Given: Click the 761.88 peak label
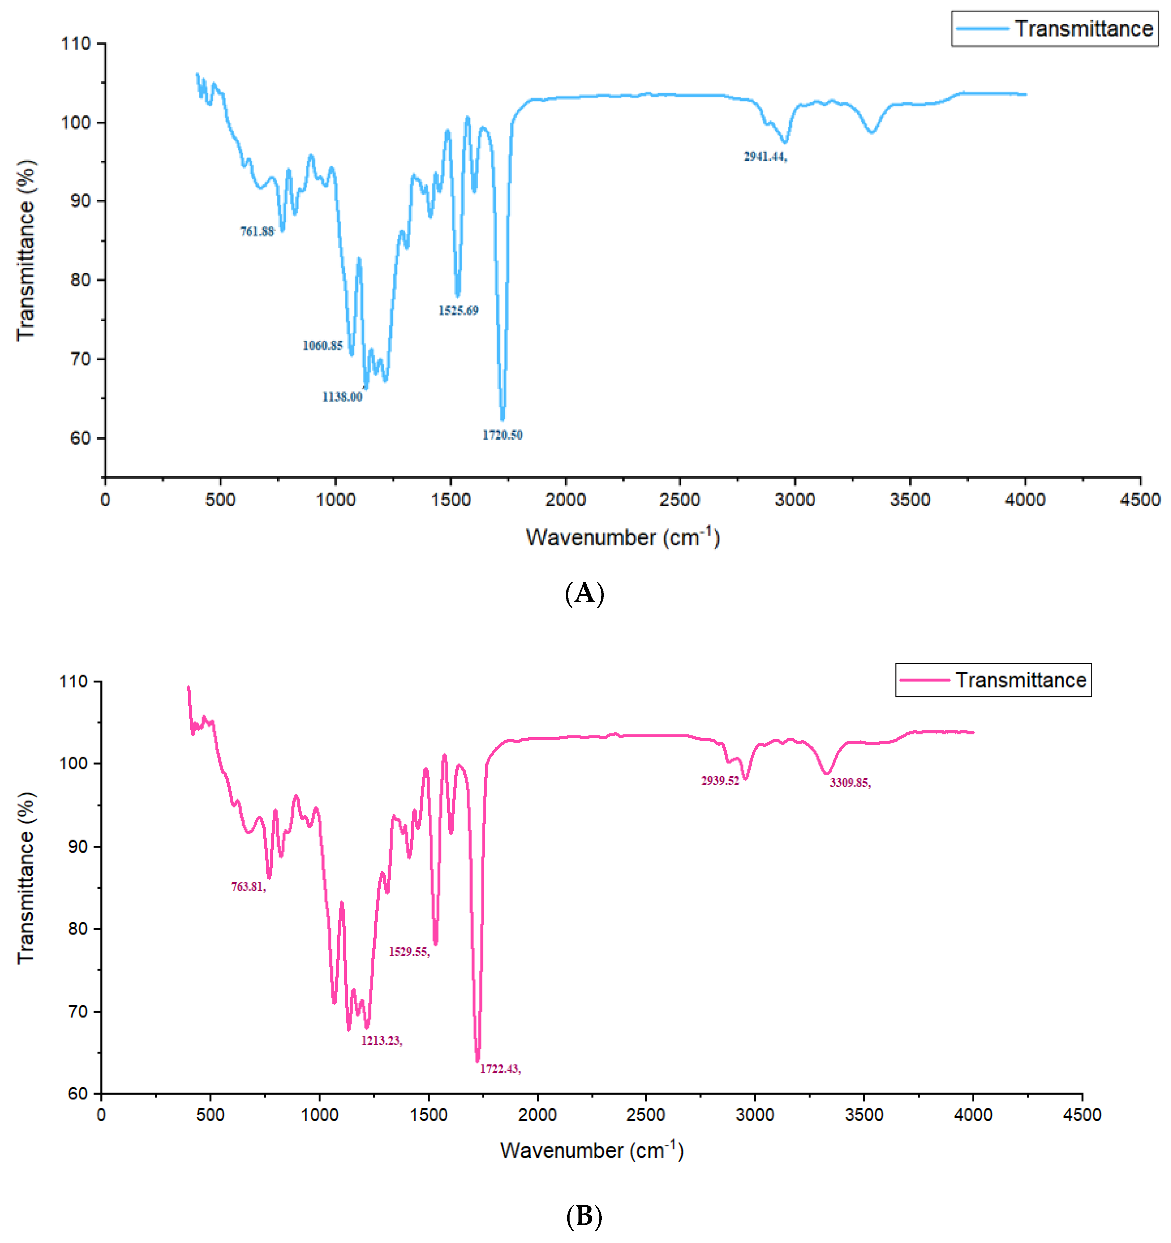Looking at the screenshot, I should click(257, 231).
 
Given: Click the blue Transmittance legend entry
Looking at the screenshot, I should click(1055, 29).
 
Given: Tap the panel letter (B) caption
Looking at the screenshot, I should click(584, 1216).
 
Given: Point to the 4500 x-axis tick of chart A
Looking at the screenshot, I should click(1140, 500).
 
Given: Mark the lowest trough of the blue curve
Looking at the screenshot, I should click(502, 419).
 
